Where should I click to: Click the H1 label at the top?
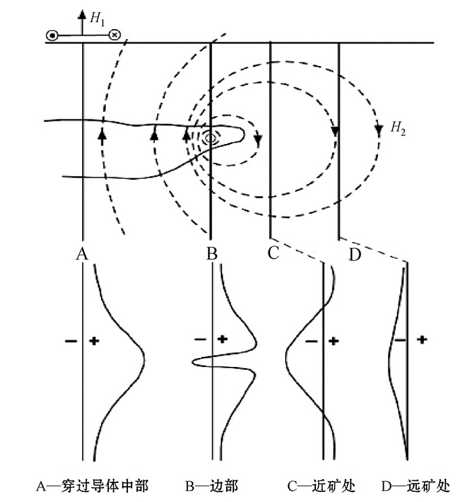[97, 19]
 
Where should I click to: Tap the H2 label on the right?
[398, 128]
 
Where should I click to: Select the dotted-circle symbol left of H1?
[52, 36]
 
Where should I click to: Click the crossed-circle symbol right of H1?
[114, 34]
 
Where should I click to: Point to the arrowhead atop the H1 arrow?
[82, 14]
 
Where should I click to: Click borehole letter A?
[82, 254]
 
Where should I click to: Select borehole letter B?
[212, 253]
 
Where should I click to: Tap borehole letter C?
[273, 253]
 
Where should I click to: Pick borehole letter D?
[355, 255]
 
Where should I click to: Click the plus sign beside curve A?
[94, 341]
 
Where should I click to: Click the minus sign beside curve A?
[71, 341]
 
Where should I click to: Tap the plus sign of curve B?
[223, 339]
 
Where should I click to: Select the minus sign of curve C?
[311, 341]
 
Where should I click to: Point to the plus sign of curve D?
[422, 340]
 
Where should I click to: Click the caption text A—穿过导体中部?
[92, 486]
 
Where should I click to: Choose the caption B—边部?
[212, 486]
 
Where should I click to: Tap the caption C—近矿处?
[321, 486]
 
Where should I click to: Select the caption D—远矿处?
[415, 486]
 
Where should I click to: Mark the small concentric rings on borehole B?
[211, 137]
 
